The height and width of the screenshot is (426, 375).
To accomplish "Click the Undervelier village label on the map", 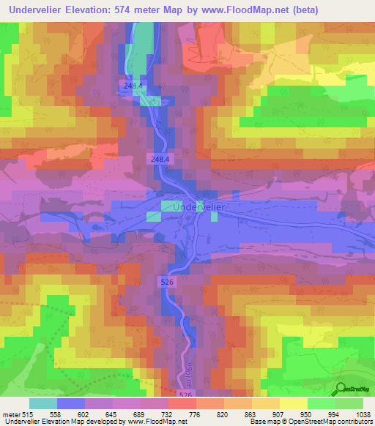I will point(203,207).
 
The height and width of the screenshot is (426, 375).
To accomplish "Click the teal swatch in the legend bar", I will point(42,403).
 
